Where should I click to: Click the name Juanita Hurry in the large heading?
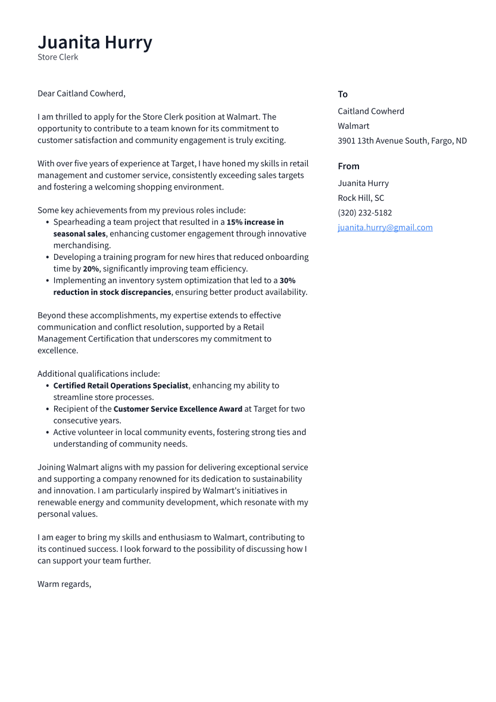coord(95,42)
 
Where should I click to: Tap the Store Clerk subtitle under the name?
coord(58,57)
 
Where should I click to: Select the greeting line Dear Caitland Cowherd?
coord(82,94)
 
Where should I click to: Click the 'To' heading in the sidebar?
coord(342,94)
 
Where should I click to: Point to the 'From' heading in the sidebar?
coord(348,166)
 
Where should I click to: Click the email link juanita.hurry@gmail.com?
coord(385,228)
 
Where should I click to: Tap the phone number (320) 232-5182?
coord(364,213)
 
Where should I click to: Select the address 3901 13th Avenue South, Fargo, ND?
coord(402,141)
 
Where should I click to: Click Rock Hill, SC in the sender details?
coord(361,198)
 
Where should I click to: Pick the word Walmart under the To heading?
coord(353,126)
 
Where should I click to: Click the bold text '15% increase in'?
coord(255,222)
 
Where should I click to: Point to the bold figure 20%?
coord(91,269)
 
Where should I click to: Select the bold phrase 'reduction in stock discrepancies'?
coord(112,292)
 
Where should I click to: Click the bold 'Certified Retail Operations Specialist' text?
coord(121,386)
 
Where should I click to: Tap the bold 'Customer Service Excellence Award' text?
coord(177,409)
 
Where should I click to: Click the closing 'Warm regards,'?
coord(64,584)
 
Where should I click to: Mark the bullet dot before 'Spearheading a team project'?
coord(47,222)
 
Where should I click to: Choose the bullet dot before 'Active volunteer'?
coord(47,433)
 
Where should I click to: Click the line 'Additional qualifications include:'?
coord(98,374)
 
